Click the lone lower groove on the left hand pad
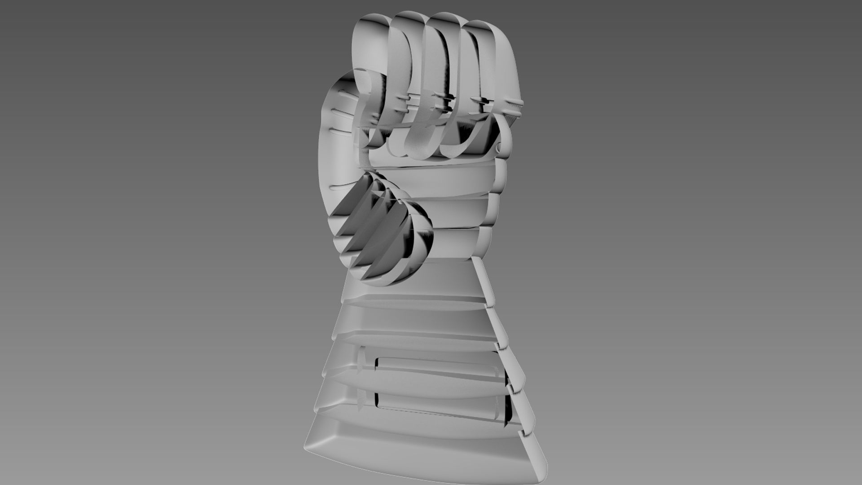tap(341, 187)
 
